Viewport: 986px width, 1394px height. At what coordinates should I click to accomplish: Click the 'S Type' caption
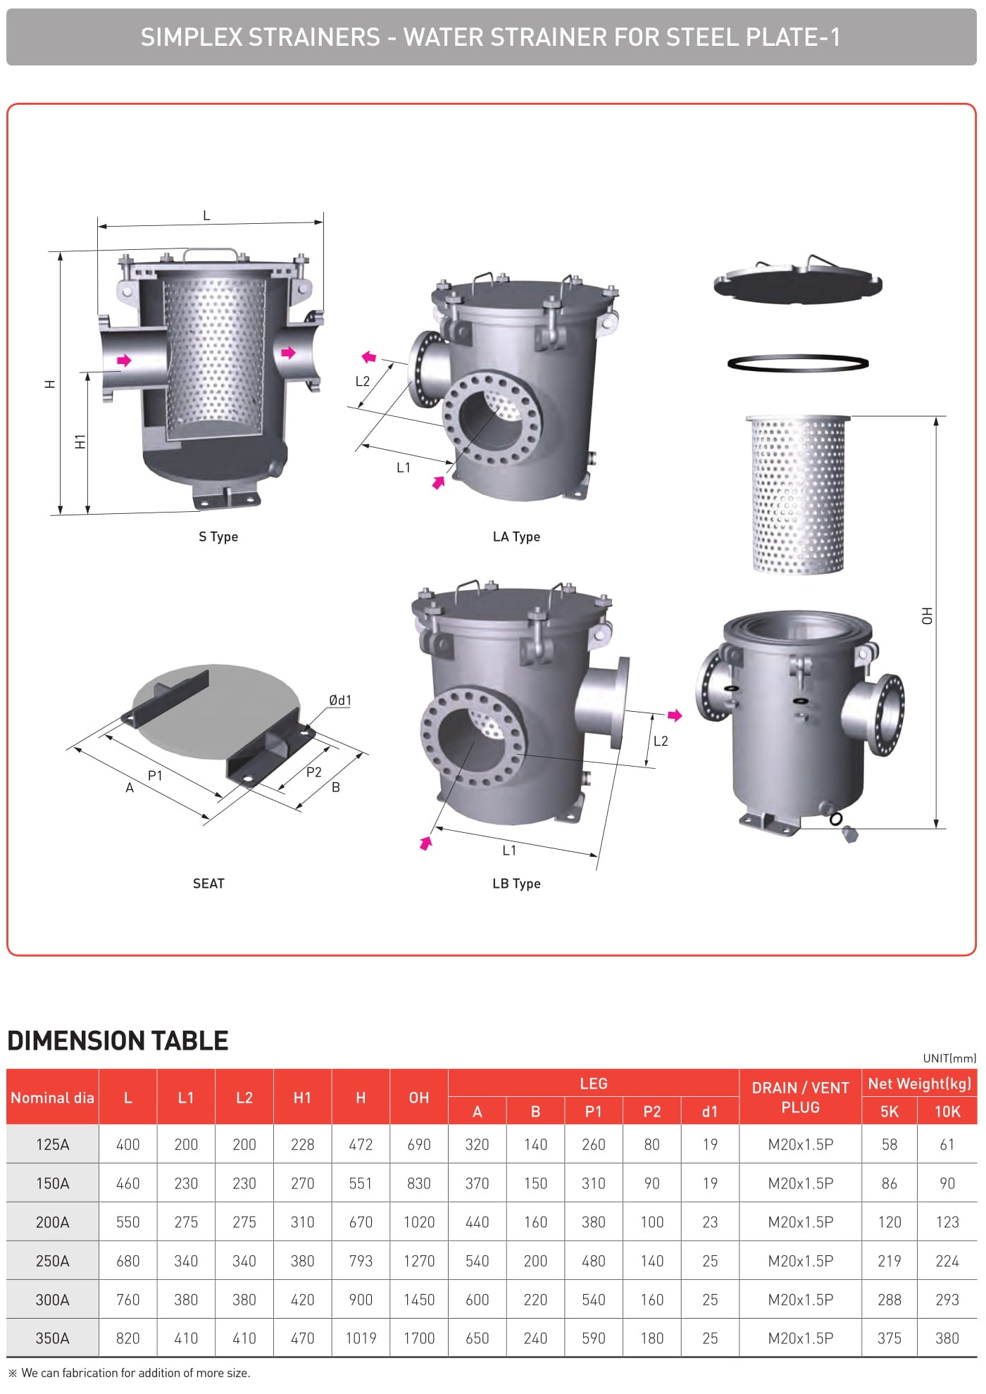pyautogui.click(x=218, y=536)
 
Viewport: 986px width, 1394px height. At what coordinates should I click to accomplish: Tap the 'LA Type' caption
pyautogui.click(x=516, y=536)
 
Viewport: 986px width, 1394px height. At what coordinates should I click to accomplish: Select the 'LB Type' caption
pyautogui.click(x=516, y=884)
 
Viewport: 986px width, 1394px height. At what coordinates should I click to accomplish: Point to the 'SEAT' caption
pyautogui.click(x=208, y=884)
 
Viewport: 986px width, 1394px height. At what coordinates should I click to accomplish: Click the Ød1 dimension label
pyautogui.click(x=340, y=700)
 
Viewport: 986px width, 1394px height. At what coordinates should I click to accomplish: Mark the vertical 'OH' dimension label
pyautogui.click(x=927, y=616)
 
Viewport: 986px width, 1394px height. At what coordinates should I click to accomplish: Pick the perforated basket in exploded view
pyautogui.click(x=798, y=494)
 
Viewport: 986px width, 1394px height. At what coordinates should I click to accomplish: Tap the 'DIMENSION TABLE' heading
pyautogui.click(x=118, y=1041)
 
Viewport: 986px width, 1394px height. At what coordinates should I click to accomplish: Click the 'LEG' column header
pyautogui.click(x=594, y=1084)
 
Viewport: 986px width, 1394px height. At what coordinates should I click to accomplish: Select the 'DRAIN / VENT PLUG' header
pyautogui.click(x=801, y=1098)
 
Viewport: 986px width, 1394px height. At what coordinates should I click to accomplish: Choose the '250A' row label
pyautogui.click(x=53, y=1261)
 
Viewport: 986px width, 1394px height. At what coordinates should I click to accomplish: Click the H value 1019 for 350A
pyautogui.click(x=361, y=1338)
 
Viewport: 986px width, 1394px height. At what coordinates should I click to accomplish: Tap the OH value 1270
pyautogui.click(x=419, y=1261)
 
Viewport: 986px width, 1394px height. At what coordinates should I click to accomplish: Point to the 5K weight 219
pyautogui.click(x=890, y=1261)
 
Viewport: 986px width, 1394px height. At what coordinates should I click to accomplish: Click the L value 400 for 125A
pyautogui.click(x=128, y=1145)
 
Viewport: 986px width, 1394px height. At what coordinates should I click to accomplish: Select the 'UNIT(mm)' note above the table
pyautogui.click(x=949, y=1058)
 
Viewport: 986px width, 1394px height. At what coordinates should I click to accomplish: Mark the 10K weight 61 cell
pyautogui.click(x=947, y=1145)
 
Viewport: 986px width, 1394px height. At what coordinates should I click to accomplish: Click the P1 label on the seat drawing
pyautogui.click(x=155, y=775)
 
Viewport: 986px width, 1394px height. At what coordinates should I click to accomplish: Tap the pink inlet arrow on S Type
pyautogui.click(x=124, y=360)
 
